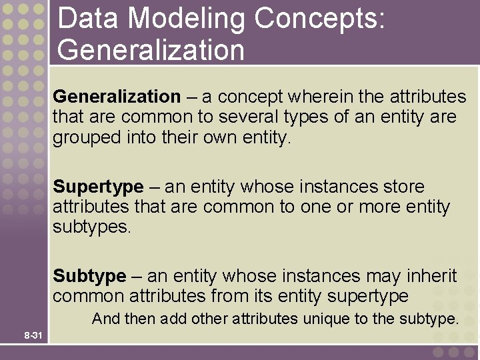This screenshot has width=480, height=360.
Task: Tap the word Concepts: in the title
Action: (x=319, y=19)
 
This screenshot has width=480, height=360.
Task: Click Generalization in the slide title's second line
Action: (x=151, y=50)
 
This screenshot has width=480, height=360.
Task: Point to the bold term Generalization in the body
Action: (x=117, y=97)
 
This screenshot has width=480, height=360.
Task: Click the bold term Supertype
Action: (x=98, y=187)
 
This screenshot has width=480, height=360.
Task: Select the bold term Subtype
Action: (x=89, y=276)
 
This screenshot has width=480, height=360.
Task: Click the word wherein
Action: (x=323, y=97)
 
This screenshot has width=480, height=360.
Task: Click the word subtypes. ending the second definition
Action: (x=92, y=227)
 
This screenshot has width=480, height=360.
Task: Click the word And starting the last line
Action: (x=106, y=319)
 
